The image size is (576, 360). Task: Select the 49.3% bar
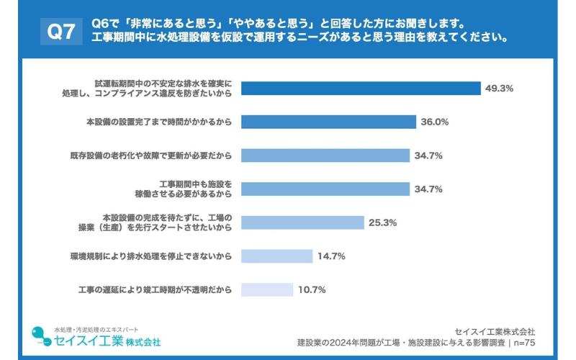[x=361, y=89]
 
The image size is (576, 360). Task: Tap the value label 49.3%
[x=499, y=89]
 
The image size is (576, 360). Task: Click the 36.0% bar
[x=328, y=122]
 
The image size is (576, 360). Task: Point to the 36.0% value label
[x=435, y=122]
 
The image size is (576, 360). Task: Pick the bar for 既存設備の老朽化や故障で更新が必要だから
[x=325, y=156]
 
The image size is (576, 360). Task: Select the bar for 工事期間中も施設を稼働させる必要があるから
[x=325, y=189]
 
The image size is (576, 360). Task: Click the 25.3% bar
[x=302, y=222]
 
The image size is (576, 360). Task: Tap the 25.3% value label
[x=383, y=222]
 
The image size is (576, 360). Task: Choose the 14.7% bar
[x=276, y=256]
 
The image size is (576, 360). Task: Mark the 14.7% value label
[x=332, y=256]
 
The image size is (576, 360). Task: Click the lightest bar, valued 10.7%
[x=267, y=289]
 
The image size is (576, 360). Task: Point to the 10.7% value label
[x=312, y=289]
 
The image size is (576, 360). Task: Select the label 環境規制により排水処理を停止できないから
[x=151, y=256]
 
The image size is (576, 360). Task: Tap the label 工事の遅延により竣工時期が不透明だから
[x=155, y=289]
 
